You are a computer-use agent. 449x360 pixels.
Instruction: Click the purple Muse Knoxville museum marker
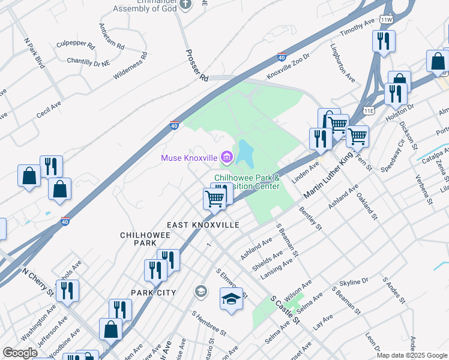(227, 158)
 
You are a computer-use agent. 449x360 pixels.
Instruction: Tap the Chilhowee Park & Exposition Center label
(247, 182)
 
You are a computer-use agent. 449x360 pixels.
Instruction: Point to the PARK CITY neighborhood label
(154, 292)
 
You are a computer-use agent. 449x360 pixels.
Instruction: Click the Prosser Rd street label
(196, 66)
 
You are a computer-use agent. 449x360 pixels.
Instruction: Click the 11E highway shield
(369, 111)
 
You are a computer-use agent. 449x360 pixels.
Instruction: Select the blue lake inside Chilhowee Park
(245, 154)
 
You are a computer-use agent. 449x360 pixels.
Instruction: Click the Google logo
(20, 353)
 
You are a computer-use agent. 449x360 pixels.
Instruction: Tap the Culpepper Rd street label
(76, 45)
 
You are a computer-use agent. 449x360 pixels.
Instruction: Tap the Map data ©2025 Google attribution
(412, 355)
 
